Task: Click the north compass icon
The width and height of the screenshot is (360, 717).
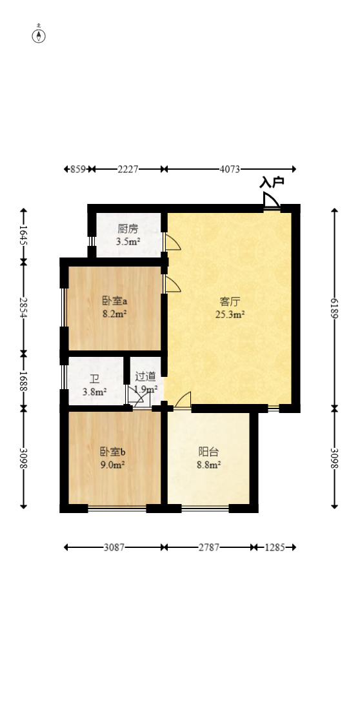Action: tap(39, 35)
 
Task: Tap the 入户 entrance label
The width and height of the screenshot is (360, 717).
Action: tap(272, 183)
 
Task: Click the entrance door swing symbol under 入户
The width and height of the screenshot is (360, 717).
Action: tap(271, 201)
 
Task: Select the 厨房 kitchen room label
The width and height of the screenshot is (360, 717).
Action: tap(128, 228)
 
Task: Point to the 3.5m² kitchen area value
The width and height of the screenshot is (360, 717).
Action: tap(128, 242)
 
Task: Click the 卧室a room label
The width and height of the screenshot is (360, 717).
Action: tap(114, 301)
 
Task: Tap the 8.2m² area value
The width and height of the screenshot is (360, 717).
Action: tap(114, 315)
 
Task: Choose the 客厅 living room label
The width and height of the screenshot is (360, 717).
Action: tap(230, 301)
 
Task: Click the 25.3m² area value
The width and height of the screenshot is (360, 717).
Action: tap(230, 315)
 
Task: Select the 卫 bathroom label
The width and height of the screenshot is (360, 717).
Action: tap(94, 379)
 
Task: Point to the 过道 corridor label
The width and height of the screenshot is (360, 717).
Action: tap(145, 377)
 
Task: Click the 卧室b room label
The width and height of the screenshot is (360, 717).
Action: tap(112, 451)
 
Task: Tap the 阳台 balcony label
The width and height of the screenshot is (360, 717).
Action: tap(208, 452)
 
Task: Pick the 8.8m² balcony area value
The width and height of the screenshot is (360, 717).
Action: tap(208, 465)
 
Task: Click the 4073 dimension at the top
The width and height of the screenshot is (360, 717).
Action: tap(230, 169)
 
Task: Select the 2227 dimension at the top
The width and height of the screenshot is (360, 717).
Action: tap(128, 169)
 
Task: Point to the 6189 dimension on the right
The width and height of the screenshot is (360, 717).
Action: tap(334, 308)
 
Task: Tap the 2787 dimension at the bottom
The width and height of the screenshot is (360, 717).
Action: tap(209, 547)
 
